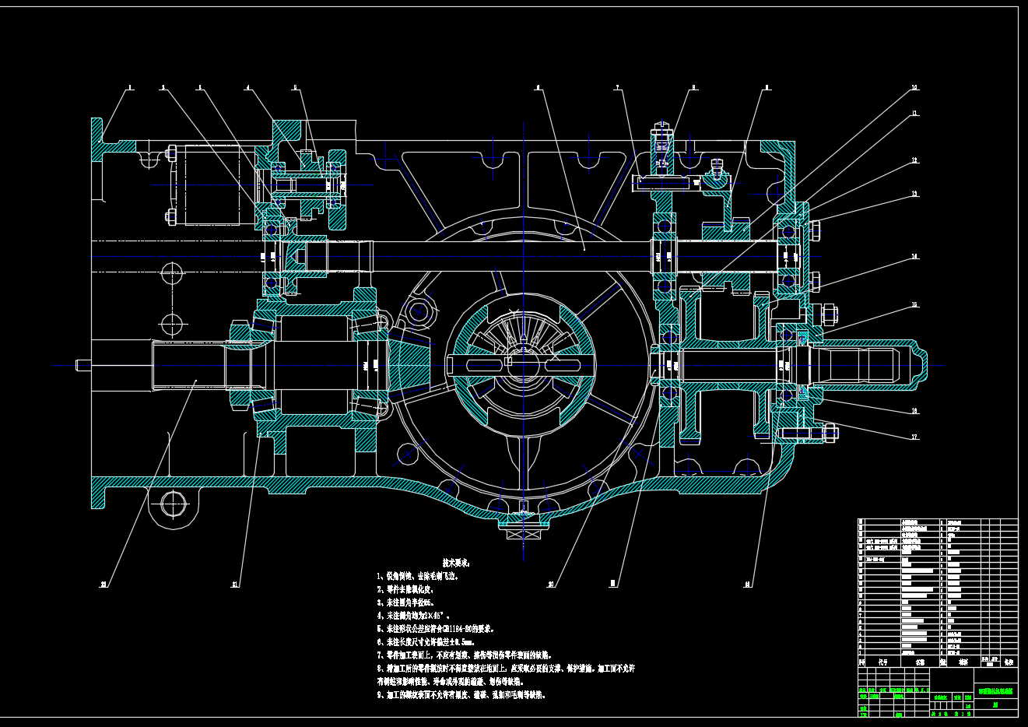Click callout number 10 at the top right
tap(915, 88)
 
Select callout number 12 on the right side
tap(915, 160)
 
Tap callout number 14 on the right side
tap(915, 256)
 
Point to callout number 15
tap(915, 305)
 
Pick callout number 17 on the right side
tap(915, 437)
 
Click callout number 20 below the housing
tap(551, 584)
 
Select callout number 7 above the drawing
tap(617, 88)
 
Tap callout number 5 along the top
tap(296, 88)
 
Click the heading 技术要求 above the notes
tap(456, 562)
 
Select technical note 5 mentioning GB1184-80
tap(436, 629)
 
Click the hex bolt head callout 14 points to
tap(814, 281)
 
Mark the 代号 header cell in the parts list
tap(882, 663)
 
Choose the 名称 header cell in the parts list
tap(920, 663)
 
